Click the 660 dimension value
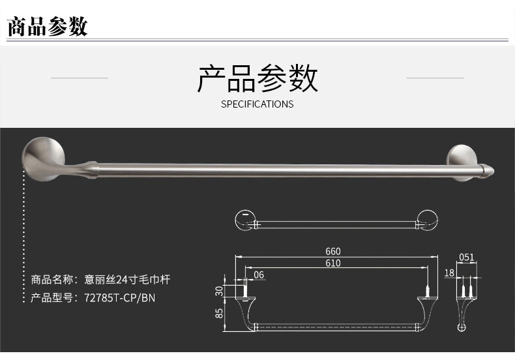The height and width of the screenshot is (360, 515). point(333,252)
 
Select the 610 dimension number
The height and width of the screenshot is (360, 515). point(333,263)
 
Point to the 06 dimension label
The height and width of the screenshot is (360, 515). point(259,275)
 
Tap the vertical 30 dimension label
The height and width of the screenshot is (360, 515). point(220,290)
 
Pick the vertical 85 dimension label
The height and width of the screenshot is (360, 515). point(220,313)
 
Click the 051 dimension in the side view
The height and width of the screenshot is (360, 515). point(467,258)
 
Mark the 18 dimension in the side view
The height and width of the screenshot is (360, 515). point(449,273)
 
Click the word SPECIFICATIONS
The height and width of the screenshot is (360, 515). point(257,104)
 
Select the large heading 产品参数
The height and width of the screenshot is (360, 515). point(257,79)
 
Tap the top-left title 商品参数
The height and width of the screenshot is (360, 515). point(47,27)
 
